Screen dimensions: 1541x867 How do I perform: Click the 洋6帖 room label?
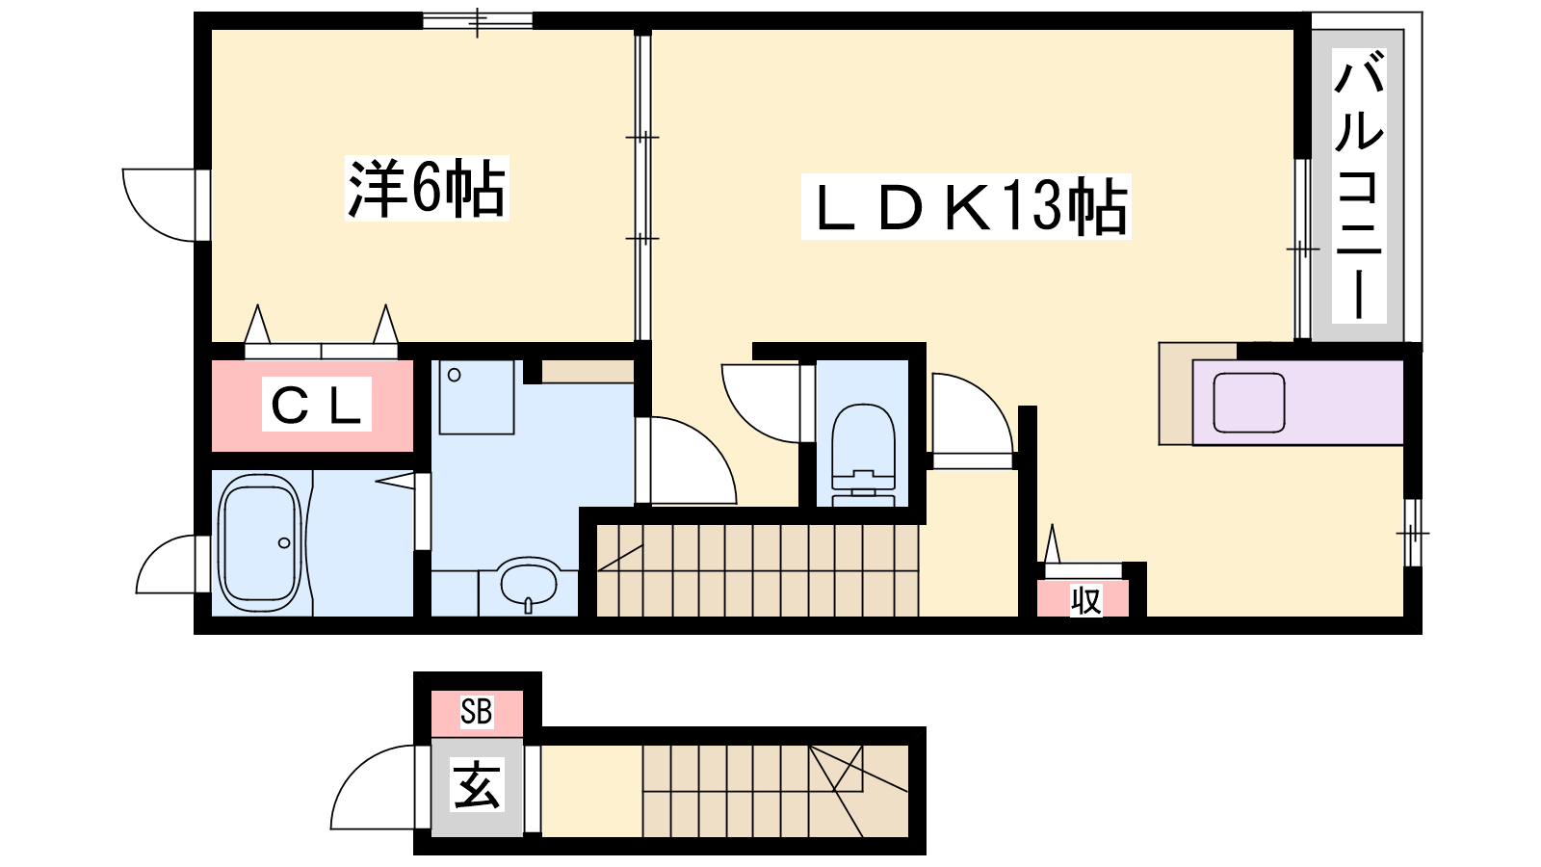tap(427, 188)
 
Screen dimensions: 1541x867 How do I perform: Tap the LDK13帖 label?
tap(966, 206)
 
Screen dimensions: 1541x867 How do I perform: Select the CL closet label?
tap(317, 404)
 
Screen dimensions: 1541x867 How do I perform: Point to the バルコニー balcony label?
tap(1359, 186)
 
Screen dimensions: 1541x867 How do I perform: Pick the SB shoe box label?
tap(476, 712)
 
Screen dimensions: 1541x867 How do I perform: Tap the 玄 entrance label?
tap(477, 784)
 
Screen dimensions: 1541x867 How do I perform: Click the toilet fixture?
tap(863, 455)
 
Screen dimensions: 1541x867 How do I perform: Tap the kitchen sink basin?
tap(1248, 403)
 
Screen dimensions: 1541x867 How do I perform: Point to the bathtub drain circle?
tap(284, 543)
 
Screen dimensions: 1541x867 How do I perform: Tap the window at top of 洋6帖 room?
tap(478, 20)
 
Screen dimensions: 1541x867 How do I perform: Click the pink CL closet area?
tap(312, 406)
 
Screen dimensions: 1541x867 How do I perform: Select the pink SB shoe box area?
tap(477, 713)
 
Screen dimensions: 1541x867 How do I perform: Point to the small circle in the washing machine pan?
tap(454, 375)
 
